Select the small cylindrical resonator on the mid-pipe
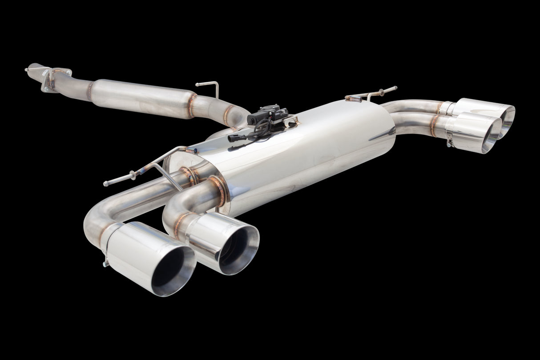coord(142,97)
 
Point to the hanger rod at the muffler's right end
coord(374,93)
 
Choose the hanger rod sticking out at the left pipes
coord(129,176)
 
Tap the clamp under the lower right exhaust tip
coord(451,142)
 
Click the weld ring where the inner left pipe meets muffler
coord(219,189)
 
